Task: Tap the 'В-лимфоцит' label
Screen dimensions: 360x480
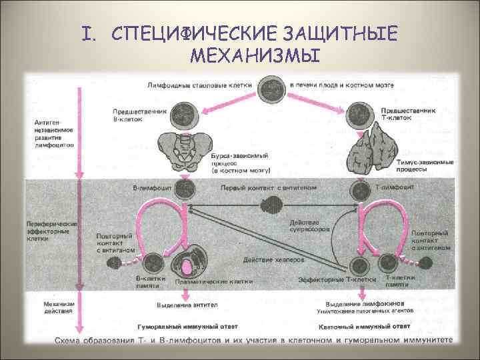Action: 151,188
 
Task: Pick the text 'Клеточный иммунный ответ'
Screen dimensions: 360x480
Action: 353,327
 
